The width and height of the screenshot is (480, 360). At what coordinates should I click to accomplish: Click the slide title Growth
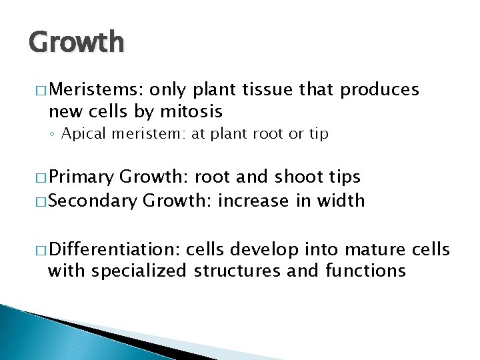click(76, 41)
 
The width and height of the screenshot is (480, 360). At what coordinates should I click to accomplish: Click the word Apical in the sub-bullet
click(83, 134)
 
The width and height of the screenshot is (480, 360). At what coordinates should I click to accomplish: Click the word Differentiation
click(114, 250)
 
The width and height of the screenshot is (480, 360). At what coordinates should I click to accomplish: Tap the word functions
click(365, 271)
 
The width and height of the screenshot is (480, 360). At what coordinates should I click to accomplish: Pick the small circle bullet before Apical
click(53, 135)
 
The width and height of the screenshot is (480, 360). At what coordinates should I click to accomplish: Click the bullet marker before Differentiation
click(36, 251)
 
